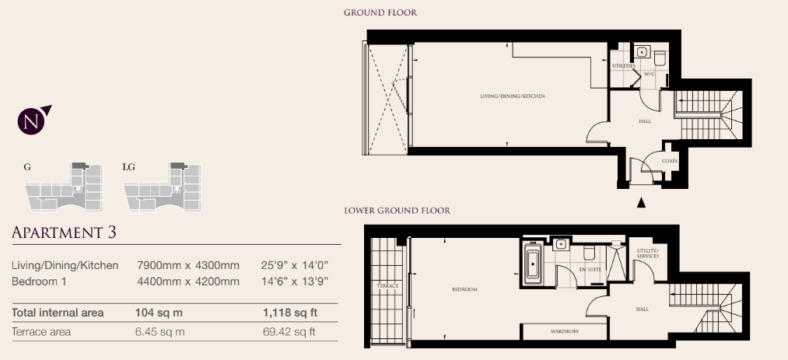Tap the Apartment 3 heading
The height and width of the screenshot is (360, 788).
[65, 232]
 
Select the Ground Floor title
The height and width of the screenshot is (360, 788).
[380, 12]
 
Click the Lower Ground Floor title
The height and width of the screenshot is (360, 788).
[397, 211]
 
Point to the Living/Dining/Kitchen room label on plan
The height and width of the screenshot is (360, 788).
[513, 96]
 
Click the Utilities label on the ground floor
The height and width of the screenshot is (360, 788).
[624, 66]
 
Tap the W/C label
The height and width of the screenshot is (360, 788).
[650, 74]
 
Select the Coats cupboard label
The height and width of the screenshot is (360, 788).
[670, 161]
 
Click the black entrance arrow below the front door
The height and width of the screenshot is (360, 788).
[641, 202]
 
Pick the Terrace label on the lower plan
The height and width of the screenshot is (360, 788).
[387, 285]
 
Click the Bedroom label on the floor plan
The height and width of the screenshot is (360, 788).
[465, 289]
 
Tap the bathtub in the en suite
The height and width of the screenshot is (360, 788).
[533, 263]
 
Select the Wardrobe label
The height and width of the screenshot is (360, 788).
[565, 331]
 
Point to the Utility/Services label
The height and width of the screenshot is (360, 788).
[647, 253]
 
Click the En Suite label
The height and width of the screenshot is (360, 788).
[590, 270]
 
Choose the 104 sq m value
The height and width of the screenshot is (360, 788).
[159, 313]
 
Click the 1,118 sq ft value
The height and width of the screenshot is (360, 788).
[290, 313]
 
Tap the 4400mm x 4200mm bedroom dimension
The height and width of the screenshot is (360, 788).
[188, 281]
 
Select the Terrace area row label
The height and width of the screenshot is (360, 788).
[41, 332]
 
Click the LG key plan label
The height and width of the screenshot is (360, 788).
[128, 167]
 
